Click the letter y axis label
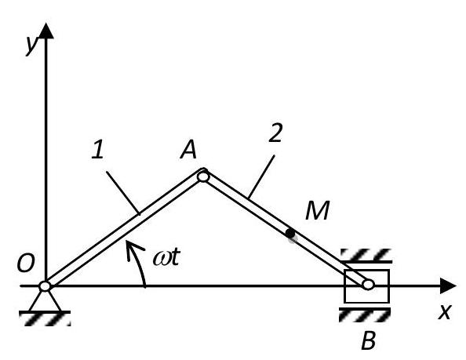click(31, 45)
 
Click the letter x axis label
click(445, 311)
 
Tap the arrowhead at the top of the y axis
click(46, 31)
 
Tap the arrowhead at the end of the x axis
click(448, 285)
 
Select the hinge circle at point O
click(45, 286)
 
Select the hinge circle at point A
click(203, 176)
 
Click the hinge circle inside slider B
click(368, 285)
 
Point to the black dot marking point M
click(290, 234)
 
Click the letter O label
click(26, 264)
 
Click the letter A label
click(189, 149)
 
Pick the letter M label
click(318, 210)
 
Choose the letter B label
click(369, 340)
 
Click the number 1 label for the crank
click(98, 149)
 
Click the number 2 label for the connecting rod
click(275, 133)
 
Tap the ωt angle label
click(167, 256)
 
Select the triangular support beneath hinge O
click(45, 301)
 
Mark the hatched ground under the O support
click(45, 318)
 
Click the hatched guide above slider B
click(366, 256)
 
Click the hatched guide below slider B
click(365, 315)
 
